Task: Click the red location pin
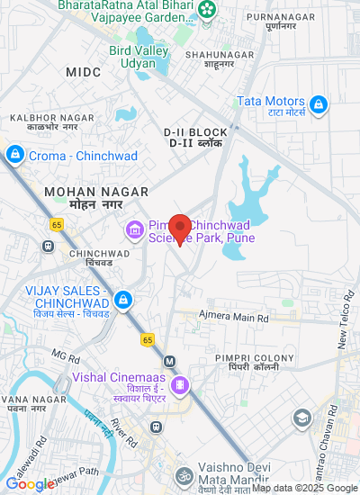coord(180,229)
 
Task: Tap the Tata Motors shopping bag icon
coord(318,105)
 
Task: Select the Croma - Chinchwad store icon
coord(14,156)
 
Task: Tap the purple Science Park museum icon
coord(135,231)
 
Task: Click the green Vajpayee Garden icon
coord(209,10)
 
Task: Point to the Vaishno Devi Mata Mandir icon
coord(184,474)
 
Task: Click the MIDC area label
coord(84,71)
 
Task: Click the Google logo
coord(29,484)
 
